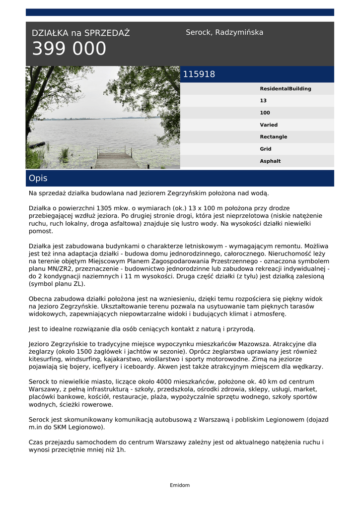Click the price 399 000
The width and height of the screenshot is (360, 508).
[x=69, y=49]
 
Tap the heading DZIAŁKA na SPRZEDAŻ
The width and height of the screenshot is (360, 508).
[x=80, y=33]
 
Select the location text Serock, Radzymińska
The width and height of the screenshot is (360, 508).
[x=224, y=32]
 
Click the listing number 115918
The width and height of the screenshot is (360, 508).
[x=199, y=74]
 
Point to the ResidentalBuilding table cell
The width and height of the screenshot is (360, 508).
[x=286, y=89]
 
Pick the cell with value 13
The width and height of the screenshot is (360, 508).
[x=263, y=101]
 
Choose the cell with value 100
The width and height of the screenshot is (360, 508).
[x=265, y=113]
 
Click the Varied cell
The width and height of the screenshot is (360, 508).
[x=269, y=125]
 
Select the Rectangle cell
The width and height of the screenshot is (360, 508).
[x=273, y=137]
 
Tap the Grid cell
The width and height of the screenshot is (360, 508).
[x=266, y=149]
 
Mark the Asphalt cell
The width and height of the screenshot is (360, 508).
[x=270, y=161]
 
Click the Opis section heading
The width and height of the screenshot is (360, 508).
[x=38, y=178]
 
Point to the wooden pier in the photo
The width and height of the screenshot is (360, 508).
[x=116, y=159]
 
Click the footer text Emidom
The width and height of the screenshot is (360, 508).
[x=180, y=485]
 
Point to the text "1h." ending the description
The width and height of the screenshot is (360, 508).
[x=121, y=450]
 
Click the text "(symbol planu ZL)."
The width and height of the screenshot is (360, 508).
[x=57, y=284]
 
